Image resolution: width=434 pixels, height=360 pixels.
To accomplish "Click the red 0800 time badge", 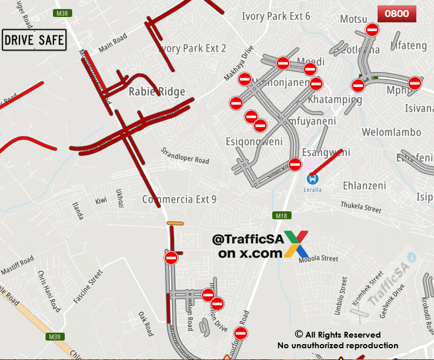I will point(396,14).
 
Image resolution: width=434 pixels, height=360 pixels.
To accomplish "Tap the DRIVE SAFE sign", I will point(34,41).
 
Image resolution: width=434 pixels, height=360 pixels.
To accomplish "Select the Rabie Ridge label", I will point(156,91).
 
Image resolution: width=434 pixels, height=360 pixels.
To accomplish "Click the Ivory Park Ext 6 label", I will point(276,16).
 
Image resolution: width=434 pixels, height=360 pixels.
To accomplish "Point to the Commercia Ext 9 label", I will point(179,199).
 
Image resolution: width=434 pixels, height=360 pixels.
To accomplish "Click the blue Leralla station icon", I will point(313,178).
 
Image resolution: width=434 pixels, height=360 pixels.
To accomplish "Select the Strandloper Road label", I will point(185,155).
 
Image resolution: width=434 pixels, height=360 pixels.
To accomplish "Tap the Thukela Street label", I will point(361,206).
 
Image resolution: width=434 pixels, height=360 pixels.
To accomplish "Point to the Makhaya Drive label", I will point(238,63).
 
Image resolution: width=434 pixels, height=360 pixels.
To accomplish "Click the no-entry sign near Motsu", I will point(372,29).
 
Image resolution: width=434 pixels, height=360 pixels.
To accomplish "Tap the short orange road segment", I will point(175,223).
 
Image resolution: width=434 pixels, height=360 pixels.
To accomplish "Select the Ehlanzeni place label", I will point(364,185).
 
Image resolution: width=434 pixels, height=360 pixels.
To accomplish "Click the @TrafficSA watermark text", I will point(248,240).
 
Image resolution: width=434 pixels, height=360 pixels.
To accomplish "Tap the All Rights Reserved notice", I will point(338,335).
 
